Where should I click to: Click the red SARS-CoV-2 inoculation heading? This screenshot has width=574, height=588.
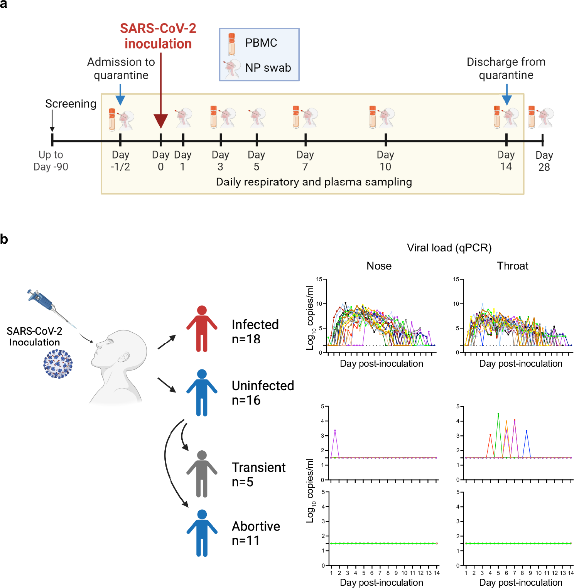pyautogui.click(x=158, y=36)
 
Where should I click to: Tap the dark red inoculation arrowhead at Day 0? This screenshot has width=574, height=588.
pyautogui.click(x=160, y=121)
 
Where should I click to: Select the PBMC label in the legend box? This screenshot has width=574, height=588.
pyautogui.click(x=261, y=43)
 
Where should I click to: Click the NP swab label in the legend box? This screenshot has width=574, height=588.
pyautogui.click(x=268, y=68)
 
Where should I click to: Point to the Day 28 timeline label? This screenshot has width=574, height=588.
pyautogui.click(x=544, y=161)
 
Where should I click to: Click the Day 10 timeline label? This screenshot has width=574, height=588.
pyautogui.click(x=385, y=161)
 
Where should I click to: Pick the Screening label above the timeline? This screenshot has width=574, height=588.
pyautogui.click(x=71, y=104)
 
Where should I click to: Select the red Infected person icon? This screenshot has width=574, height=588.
pyautogui.click(x=202, y=329)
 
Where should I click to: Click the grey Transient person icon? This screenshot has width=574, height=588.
pyautogui.click(x=202, y=474)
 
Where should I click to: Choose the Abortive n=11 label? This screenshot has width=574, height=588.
pyautogui.click(x=256, y=533)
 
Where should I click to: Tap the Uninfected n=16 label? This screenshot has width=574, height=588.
pyautogui.click(x=263, y=393)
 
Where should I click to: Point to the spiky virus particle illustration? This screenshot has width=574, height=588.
pyautogui.click(x=58, y=364)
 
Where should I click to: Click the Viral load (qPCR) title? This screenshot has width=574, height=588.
pyautogui.click(x=449, y=248)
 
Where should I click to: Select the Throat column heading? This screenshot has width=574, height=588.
pyautogui.click(x=512, y=266)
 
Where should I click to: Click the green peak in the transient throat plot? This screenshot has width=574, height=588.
pyautogui.click(x=498, y=414)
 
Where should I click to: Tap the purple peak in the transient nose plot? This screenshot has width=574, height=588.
pyautogui.click(x=335, y=430)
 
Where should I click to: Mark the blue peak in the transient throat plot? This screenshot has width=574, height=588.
pyautogui.click(x=527, y=431)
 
